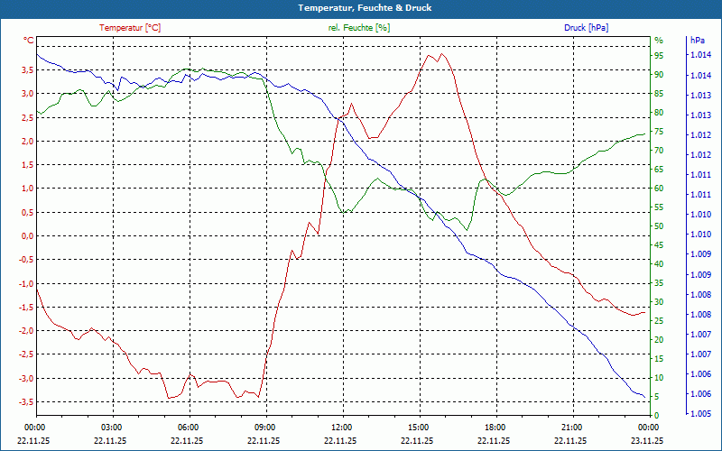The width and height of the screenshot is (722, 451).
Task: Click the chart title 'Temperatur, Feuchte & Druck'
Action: point(360,7)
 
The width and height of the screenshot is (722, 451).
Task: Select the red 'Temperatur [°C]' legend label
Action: point(130,28)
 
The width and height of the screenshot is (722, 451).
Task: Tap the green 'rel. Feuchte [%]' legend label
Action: point(359,28)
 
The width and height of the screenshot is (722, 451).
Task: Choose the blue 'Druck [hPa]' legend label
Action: point(586,28)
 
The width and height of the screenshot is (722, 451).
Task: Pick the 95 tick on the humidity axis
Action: point(659,55)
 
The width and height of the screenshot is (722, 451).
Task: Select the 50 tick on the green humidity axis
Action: point(659,226)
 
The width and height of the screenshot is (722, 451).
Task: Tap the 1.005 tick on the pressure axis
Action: point(701,414)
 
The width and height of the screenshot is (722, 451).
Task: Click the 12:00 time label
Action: point(342,427)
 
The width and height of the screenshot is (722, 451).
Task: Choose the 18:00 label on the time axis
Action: point(495,427)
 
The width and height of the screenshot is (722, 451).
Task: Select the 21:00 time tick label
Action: point(571,427)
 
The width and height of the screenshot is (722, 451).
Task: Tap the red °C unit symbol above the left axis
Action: point(29,41)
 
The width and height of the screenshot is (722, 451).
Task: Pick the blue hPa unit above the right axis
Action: point(697,41)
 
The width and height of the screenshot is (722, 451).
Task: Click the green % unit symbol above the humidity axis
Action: point(658,41)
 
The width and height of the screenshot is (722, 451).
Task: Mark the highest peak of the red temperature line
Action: point(441,53)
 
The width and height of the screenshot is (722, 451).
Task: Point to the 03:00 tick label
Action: point(112,427)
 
